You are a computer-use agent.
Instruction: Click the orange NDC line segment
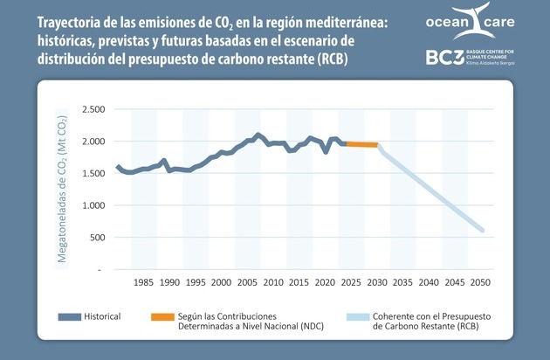361,144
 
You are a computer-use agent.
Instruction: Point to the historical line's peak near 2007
258,135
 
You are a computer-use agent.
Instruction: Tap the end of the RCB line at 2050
483,232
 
